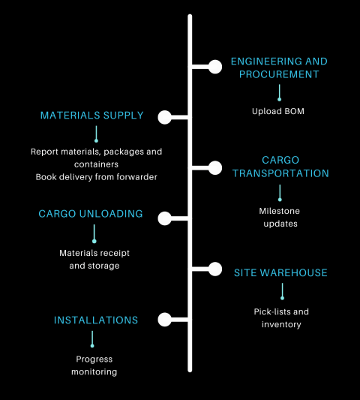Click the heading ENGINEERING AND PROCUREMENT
point(279,68)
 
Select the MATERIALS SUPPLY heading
point(91,116)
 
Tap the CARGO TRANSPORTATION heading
point(280,167)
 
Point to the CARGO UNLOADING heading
point(91,214)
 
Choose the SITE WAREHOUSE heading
point(280,272)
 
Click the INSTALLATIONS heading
point(96,320)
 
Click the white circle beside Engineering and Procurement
point(215,67)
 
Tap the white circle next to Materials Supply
point(165,117)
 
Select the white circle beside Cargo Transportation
point(215,167)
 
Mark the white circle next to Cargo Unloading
point(165,218)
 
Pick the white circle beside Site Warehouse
point(215,268)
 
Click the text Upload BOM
point(279,112)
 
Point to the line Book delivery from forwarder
point(96,177)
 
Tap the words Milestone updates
point(279,218)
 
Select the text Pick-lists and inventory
point(281,317)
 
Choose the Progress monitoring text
point(94,365)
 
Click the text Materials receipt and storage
point(94,260)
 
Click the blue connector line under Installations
point(92,338)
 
